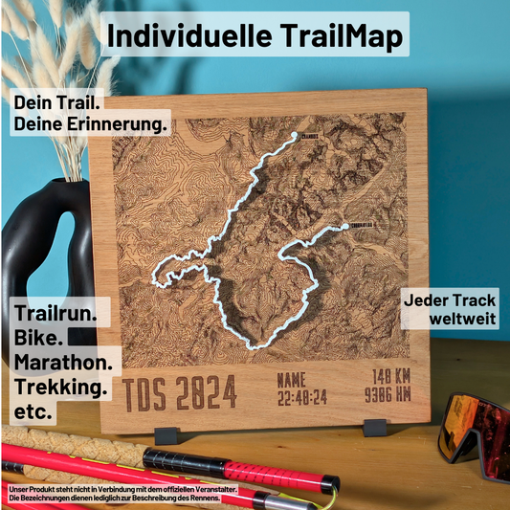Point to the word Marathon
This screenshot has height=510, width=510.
[66, 364]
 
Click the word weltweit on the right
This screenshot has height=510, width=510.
[463, 318]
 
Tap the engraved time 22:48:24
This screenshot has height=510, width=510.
[302, 395]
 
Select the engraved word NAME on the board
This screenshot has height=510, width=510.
[292, 379]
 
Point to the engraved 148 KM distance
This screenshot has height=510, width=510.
[390, 376]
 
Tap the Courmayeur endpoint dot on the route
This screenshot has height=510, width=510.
[344, 227]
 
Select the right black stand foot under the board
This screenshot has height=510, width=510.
[375, 423]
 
